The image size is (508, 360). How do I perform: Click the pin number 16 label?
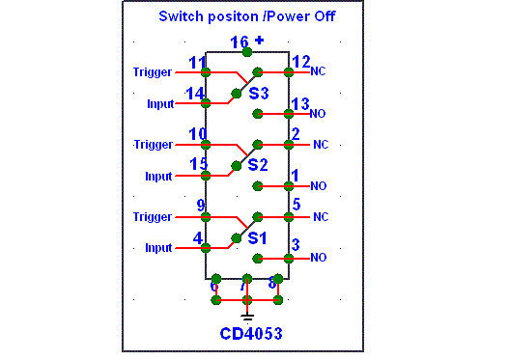[x=240, y=42]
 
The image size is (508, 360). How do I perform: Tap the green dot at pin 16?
[x=247, y=52]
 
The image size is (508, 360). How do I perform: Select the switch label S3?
[x=259, y=94]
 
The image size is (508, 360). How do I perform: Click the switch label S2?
[x=258, y=165]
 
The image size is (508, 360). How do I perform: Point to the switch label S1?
[x=257, y=238]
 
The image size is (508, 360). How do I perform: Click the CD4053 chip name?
[x=251, y=333]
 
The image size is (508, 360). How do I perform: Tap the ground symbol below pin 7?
[x=247, y=318]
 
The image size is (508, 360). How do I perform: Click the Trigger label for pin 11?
[x=153, y=72]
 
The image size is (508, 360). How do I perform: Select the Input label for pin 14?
[x=160, y=104]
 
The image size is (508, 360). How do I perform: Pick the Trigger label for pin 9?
[x=153, y=217]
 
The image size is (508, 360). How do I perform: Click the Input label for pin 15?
[x=158, y=177]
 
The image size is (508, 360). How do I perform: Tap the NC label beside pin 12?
[x=318, y=71]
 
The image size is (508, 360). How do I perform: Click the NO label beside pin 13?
[x=318, y=114]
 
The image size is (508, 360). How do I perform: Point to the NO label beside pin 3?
[x=318, y=258]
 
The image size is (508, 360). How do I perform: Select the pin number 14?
[x=195, y=94]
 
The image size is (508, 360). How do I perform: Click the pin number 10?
[x=198, y=134]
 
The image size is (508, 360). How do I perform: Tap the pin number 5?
[x=296, y=205]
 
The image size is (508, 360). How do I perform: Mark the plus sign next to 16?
[x=259, y=41]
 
